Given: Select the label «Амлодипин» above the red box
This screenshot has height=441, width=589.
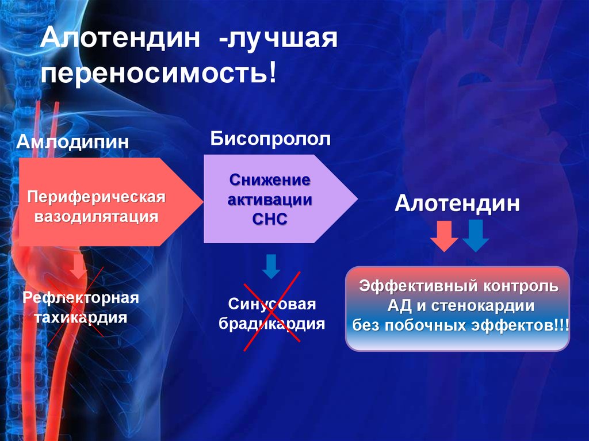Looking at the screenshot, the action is tap(72, 142).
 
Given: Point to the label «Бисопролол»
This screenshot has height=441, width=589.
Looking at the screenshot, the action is tap(270, 139).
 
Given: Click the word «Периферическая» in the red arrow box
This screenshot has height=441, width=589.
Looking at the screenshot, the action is tap(96, 197).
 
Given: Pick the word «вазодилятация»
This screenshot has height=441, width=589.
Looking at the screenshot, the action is tap(96, 216).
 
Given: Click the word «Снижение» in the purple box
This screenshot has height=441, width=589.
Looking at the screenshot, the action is tap(270, 180).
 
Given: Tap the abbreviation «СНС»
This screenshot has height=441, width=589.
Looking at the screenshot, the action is tap(270, 219).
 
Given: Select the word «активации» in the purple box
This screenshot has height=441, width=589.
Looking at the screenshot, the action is tap(270, 200).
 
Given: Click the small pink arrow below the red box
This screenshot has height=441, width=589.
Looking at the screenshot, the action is tap(78, 266).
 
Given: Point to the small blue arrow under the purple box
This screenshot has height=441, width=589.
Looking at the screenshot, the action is tap(271, 266).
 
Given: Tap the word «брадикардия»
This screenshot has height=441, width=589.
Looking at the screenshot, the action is tap(272, 324).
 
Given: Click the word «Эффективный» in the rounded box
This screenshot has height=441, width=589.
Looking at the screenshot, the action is tap(418, 286).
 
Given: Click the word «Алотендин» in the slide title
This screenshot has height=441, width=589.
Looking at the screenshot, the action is tap(120, 38).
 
